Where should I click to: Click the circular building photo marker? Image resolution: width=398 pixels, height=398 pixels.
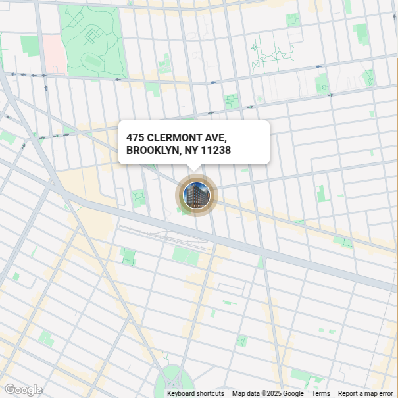click(x=195, y=195)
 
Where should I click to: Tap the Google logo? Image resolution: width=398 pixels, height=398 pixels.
click(x=23, y=389)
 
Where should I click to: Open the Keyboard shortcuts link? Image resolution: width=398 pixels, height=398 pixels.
click(x=195, y=393)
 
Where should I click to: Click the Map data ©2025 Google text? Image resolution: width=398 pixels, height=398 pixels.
click(x=268, y=393)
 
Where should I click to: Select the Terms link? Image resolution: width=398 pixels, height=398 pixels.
click(x=321, y=393)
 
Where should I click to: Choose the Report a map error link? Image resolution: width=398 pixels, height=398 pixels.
click(x=365, y=393)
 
